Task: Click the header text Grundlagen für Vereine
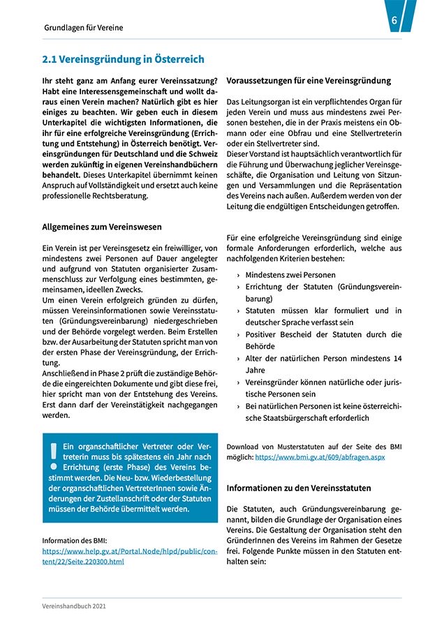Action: point(83,28)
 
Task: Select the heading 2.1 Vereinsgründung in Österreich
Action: point(123,59)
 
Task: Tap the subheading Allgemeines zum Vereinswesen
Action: point(102,227)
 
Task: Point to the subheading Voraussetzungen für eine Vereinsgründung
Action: point(309,81)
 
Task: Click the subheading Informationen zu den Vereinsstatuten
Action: point(299,488)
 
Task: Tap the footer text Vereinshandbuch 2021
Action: point(74,607)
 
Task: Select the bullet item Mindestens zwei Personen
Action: point(290,275)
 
